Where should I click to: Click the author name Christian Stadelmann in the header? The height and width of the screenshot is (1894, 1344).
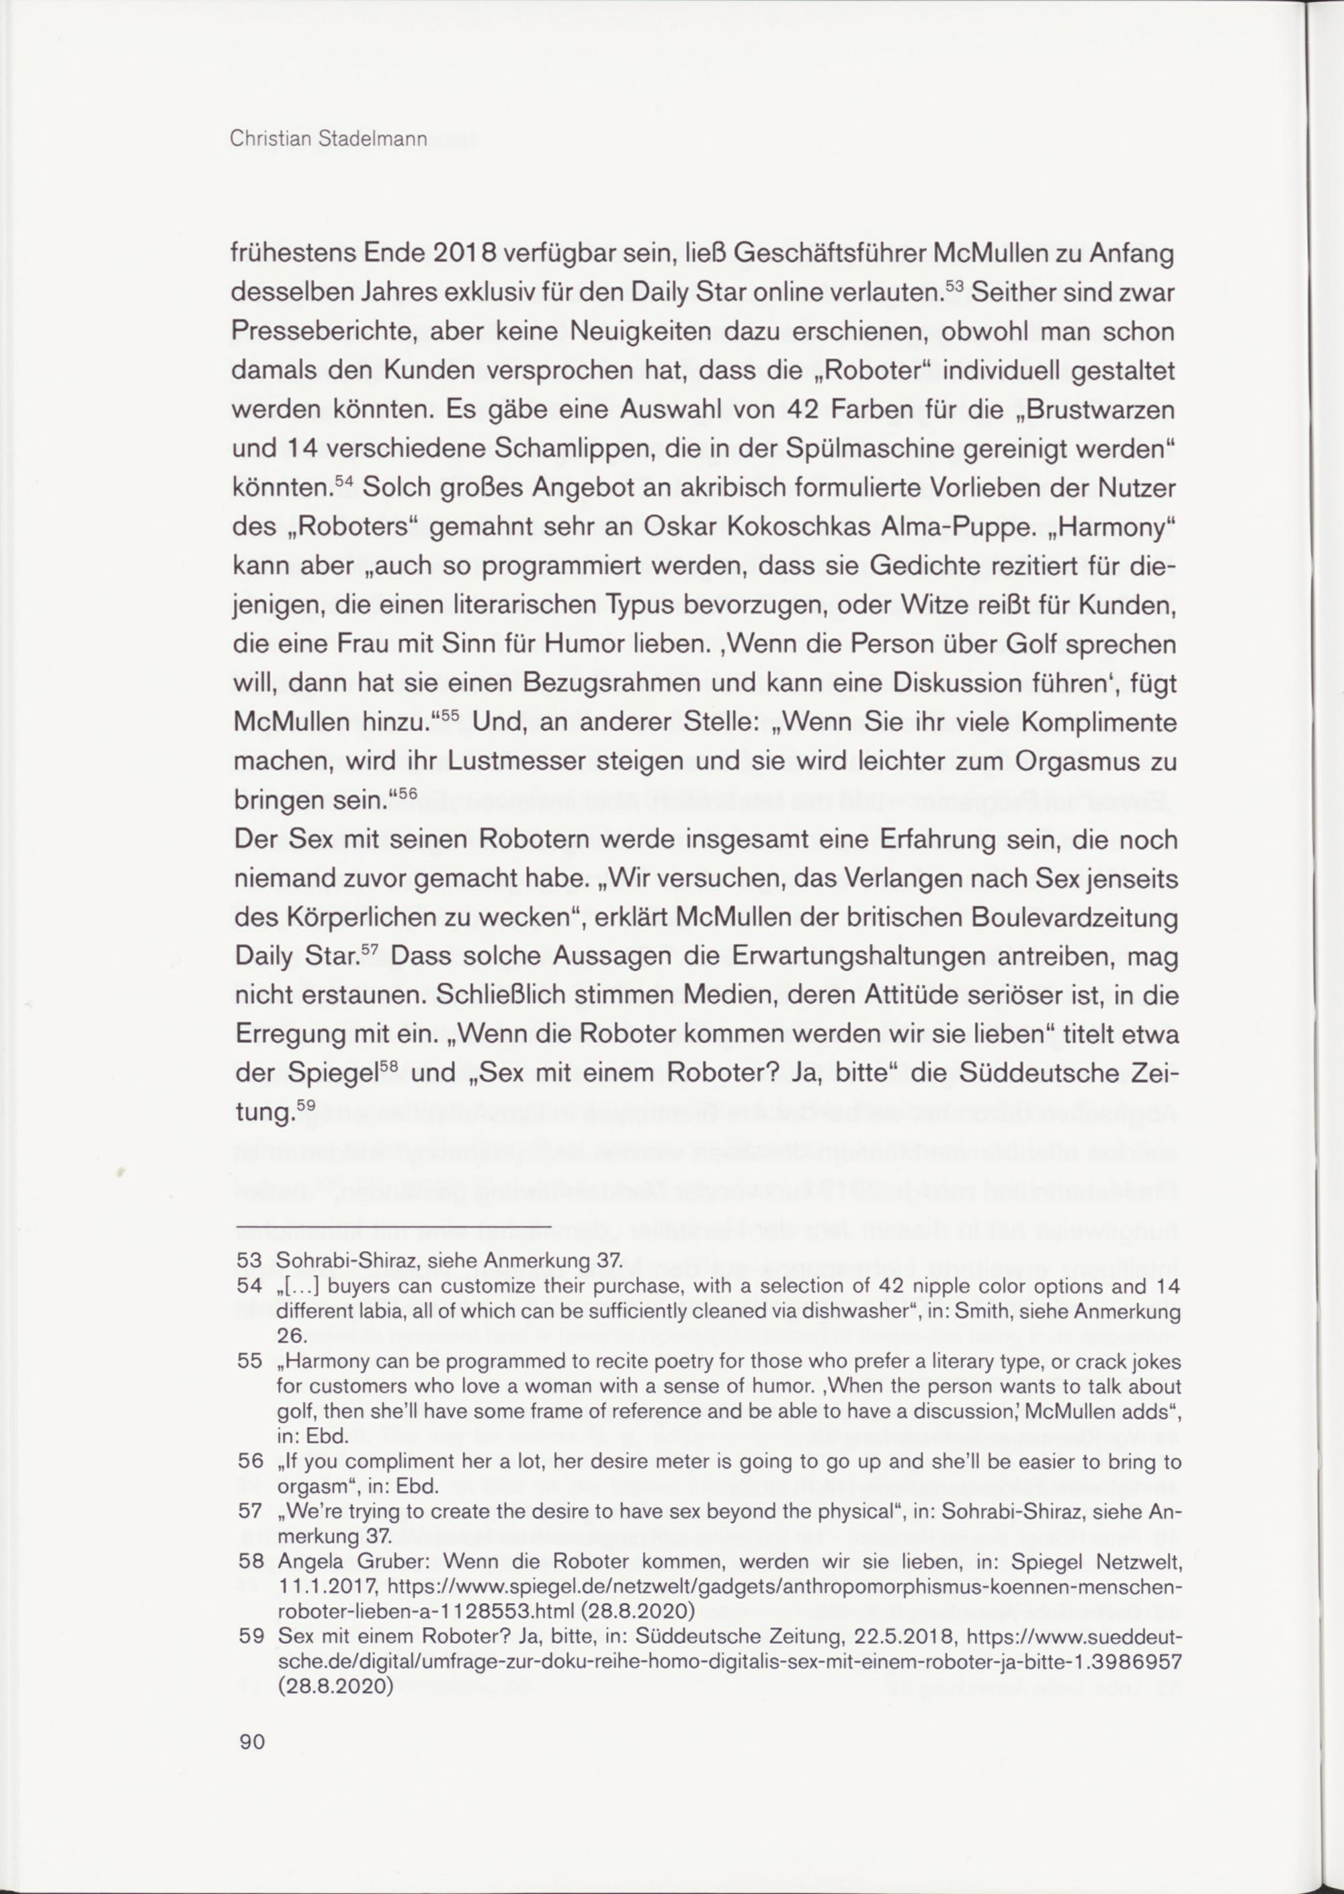click(328, 140)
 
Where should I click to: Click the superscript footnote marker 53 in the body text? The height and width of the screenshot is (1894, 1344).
click(954, 286)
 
